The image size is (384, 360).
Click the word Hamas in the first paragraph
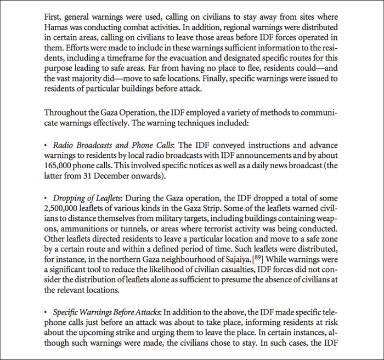56,27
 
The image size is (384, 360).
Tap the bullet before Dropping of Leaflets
47,198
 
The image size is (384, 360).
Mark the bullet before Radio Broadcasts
47,145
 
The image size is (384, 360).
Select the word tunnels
128,229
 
